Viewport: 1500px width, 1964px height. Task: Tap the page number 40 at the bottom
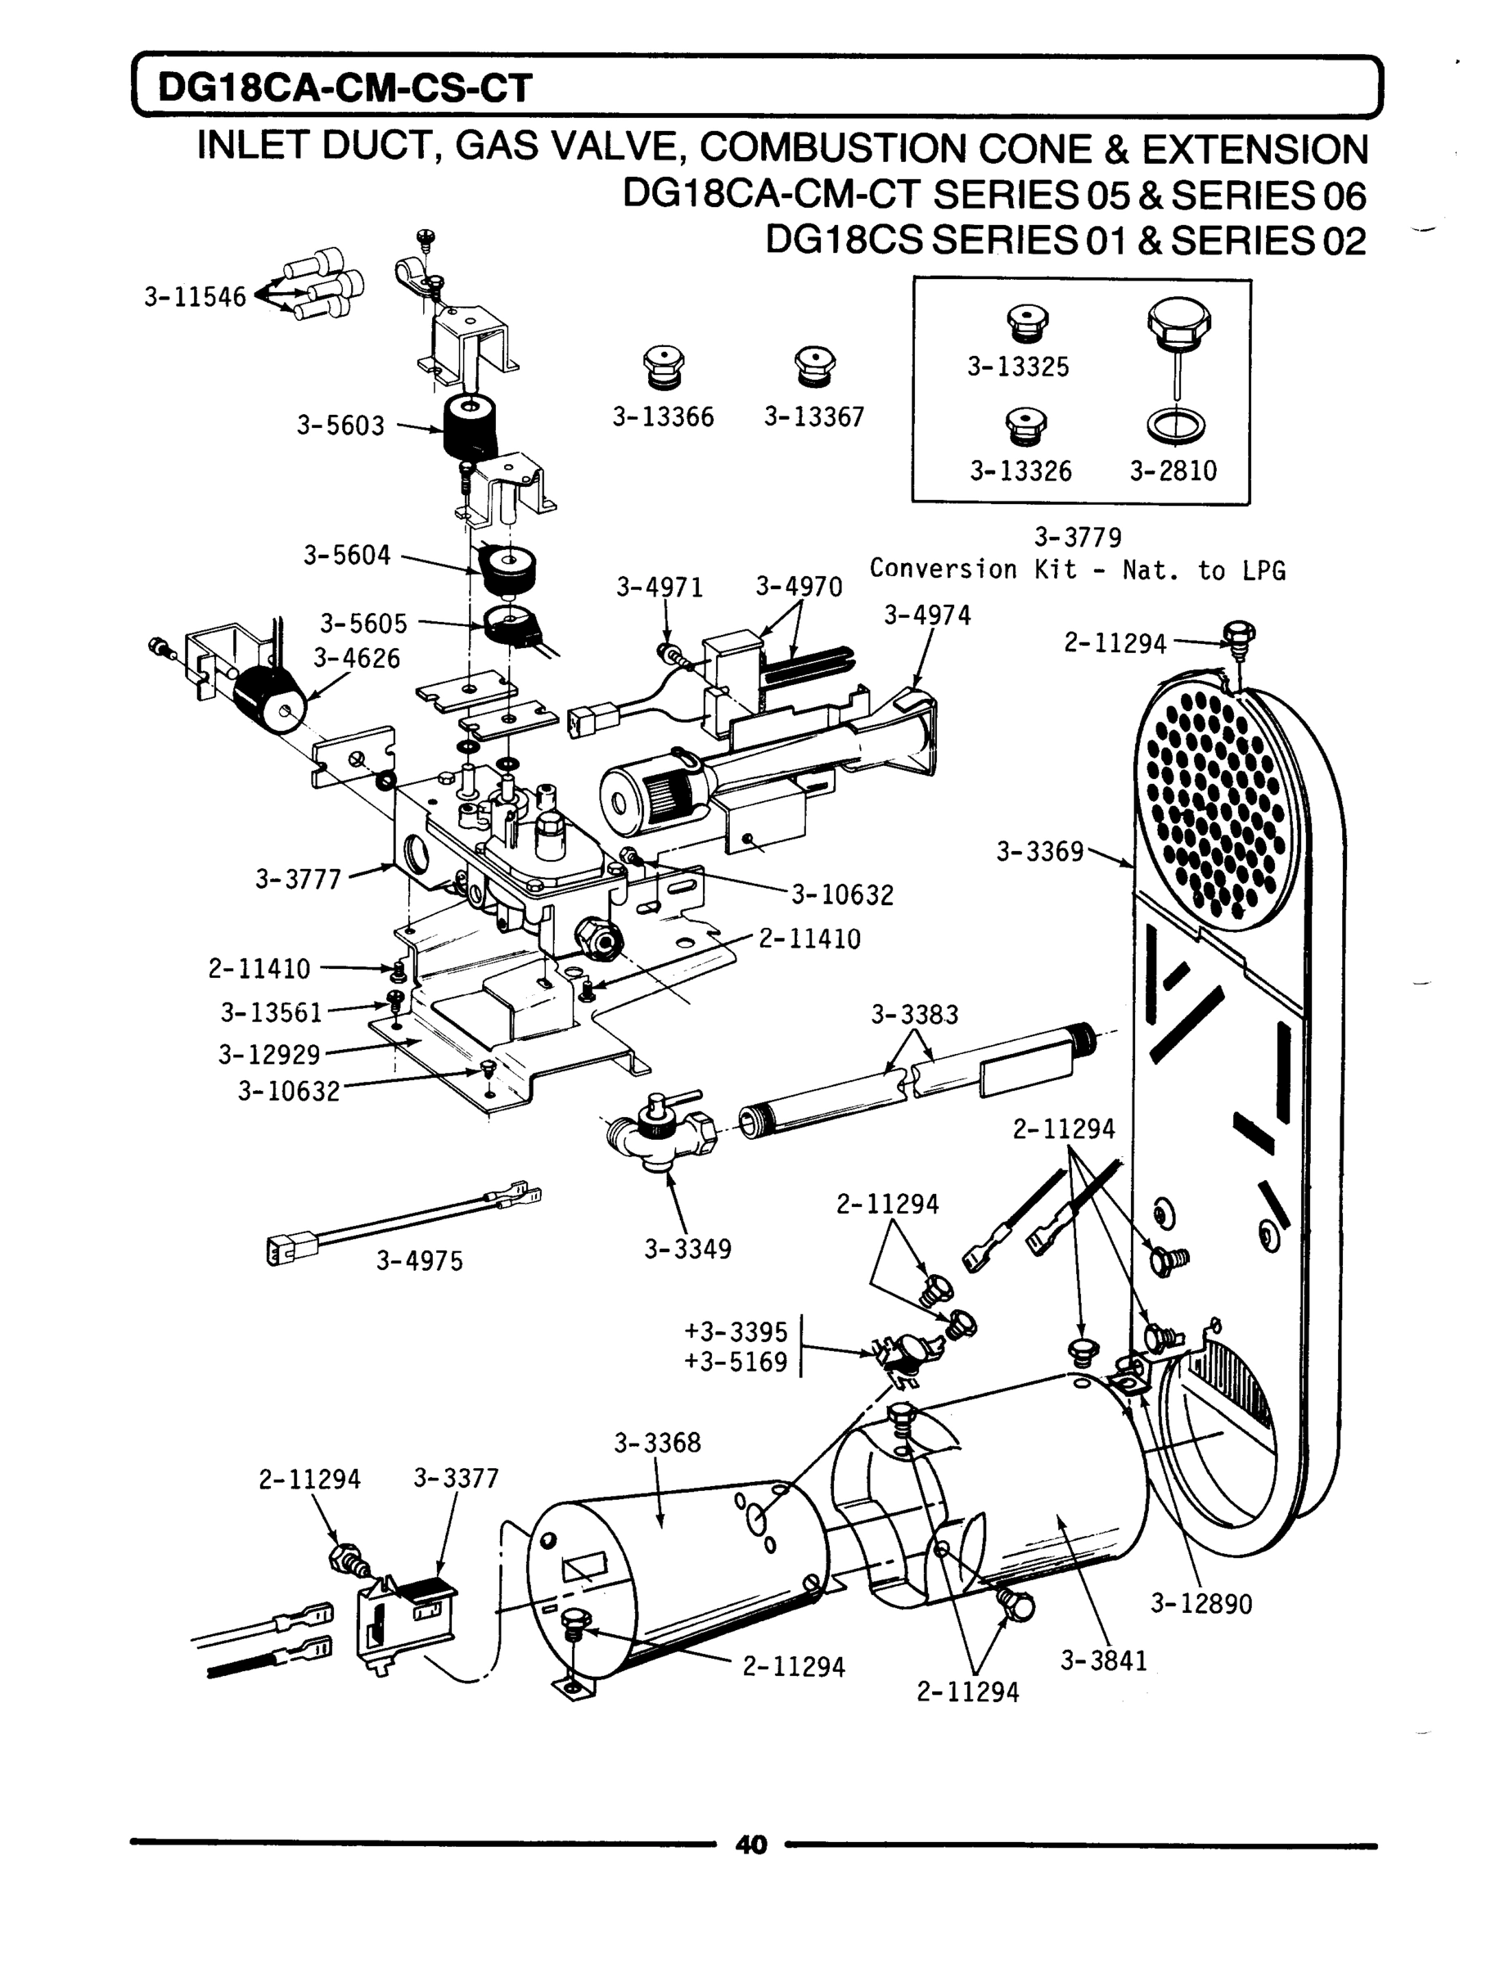pos(750,1845)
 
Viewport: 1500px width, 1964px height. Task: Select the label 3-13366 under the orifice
pos(663,417)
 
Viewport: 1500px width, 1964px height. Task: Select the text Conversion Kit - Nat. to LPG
pos(1077,570)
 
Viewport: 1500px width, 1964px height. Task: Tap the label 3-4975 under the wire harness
pos(419,1260)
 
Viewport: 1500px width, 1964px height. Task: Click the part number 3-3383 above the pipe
pos(914,1014)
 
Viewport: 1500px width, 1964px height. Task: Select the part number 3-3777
pos(298,880)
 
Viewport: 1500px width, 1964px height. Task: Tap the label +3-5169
pos(736,1363)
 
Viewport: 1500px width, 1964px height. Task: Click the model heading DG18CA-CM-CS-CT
pos(345,88)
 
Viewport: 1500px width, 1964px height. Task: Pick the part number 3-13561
pos(271,1012)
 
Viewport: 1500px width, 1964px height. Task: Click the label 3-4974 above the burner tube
pos(927,615)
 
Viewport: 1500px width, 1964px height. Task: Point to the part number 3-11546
pos(195,297)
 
